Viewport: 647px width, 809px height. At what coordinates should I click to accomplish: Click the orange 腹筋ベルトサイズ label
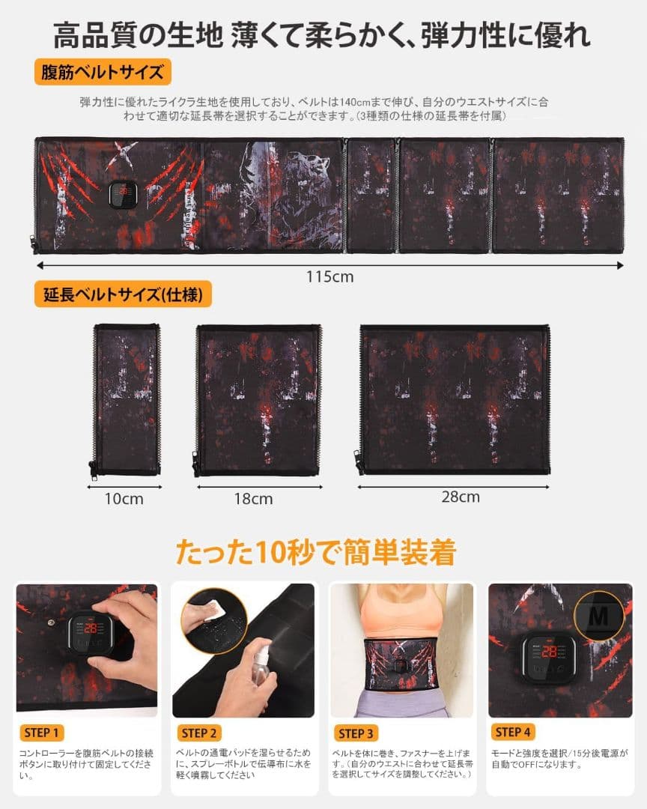point(103,73)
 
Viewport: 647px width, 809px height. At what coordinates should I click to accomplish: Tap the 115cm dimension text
point(329,276)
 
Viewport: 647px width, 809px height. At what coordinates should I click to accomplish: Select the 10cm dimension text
point(125,499)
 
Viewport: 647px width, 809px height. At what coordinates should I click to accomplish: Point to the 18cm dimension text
point(254,498)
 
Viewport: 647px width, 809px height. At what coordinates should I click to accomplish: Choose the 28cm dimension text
point(460,497)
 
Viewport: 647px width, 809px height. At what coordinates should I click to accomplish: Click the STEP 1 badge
point(42,732)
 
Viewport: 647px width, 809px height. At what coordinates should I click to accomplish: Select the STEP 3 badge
point(356,733)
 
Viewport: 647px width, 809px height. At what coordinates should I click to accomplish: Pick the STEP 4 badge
point(512,732)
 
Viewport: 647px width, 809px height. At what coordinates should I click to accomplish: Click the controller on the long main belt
point(121,196)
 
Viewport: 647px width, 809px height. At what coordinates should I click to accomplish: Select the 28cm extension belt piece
point(455,399)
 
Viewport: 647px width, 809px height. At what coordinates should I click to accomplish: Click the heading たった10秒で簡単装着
point(316,553)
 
